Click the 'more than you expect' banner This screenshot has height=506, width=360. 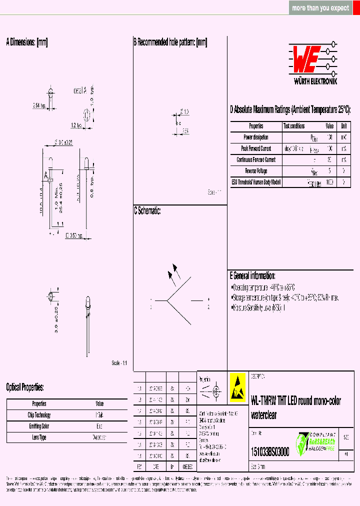click(320, 8)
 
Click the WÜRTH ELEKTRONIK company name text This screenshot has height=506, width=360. click(315, 81)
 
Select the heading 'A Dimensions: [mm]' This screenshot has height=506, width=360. click(27, 42)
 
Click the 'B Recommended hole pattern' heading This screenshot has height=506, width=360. click(170, 42)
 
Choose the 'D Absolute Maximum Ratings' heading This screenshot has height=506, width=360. click(290, 109)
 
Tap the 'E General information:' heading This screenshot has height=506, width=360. click(252, 275)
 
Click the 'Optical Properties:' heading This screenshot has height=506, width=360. click(25, 387)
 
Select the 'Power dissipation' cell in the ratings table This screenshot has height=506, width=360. click(256, 137)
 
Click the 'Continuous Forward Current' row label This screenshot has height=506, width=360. click(256, 160)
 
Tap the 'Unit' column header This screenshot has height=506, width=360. click(344, 126)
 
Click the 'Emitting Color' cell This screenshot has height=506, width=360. click(39, 426)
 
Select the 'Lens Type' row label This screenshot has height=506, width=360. click(39, 437)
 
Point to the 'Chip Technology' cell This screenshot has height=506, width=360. click(39, 415)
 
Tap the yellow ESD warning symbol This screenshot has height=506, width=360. click(237, 387)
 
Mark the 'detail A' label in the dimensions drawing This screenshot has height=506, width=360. click(80, 90)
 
